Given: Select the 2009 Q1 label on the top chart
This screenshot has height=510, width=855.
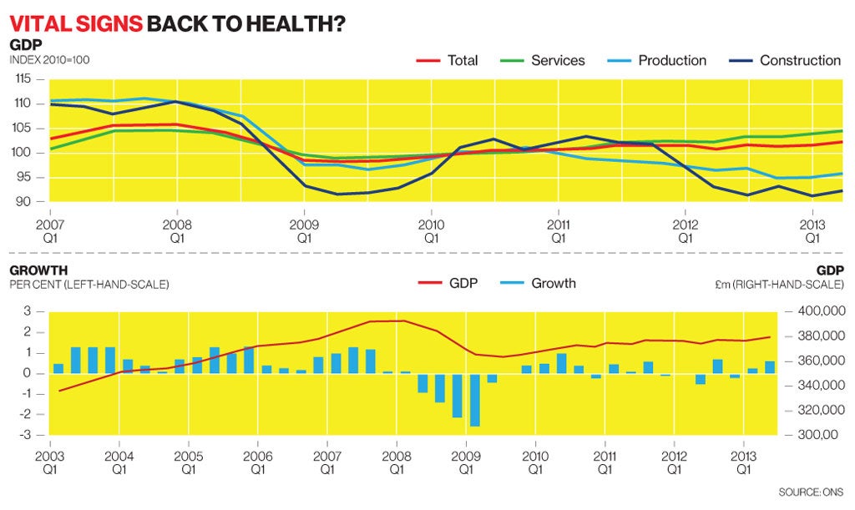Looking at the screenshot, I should [304, 231].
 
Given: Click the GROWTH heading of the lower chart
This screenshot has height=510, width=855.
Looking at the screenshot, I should [38, 270].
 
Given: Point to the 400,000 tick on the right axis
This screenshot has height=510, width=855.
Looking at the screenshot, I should [816, 311].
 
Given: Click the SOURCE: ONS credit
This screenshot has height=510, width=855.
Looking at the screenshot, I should [811, 492].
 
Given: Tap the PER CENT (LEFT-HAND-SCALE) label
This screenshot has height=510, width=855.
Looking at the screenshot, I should [89, 285].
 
